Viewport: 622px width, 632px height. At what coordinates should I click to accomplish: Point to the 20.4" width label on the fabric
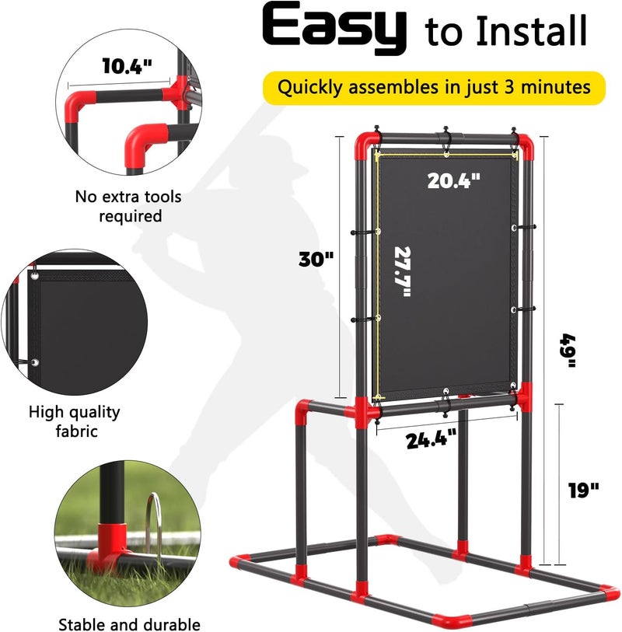coord(454,180)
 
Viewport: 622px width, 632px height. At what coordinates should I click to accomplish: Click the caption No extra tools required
coord(128,206)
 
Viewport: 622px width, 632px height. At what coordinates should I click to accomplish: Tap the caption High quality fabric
coord(74,421)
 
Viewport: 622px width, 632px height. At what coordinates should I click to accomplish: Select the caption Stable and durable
coord(129,624)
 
